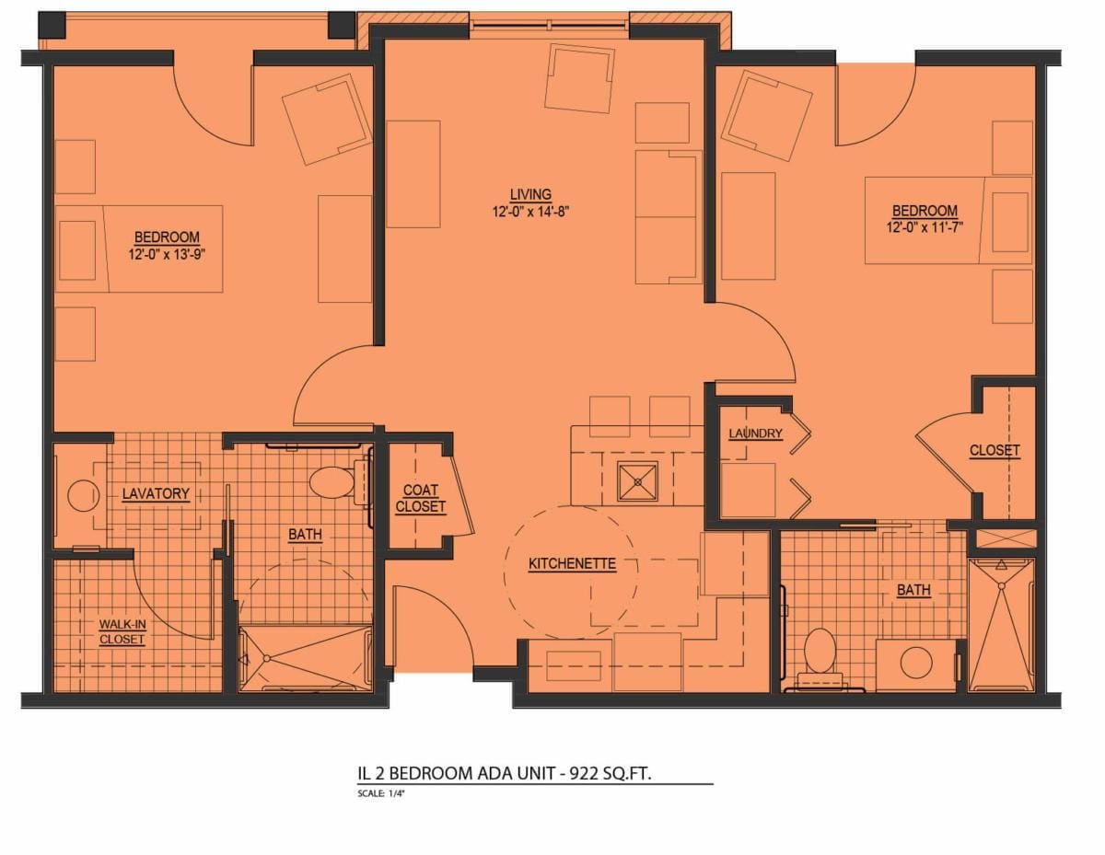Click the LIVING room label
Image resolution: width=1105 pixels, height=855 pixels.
tap(530, 194)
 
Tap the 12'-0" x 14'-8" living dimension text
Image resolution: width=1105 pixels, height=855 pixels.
tap(529, 211)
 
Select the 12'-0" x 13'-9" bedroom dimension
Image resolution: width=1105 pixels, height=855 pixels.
tap(167, 253)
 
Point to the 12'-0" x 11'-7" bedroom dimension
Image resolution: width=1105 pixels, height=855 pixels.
tap(925, 226)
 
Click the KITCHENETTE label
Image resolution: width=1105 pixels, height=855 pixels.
tap(572, 563)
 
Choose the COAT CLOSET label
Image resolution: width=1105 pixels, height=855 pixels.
tap(421, 498)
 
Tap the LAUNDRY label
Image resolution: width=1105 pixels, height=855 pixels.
tap(755, 433)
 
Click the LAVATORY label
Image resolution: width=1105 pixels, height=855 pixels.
tap(156, 493)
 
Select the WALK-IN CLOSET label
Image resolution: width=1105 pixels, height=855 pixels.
tap(122, 631)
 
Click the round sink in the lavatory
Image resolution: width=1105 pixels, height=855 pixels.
tap(82, 496)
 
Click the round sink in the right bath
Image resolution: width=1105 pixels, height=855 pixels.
tap(916, 663)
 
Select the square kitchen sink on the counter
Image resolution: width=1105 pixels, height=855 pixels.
tap(637, 480)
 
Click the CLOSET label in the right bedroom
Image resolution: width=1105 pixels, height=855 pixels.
tap(994, 450)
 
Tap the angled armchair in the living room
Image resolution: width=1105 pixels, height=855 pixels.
tap(580, 78)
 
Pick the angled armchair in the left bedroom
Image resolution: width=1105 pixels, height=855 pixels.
tap(327, 120)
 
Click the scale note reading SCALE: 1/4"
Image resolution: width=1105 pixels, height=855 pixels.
tap(381, 793)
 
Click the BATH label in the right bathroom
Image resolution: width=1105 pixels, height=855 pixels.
tap(913, 590)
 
